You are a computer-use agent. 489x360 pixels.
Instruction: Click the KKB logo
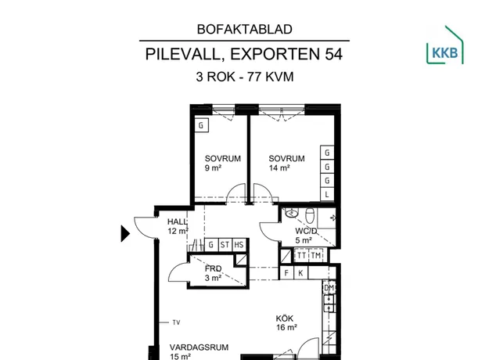pos(444,45)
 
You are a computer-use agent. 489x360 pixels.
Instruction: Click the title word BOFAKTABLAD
pos(244,29)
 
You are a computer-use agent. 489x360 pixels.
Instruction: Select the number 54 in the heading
pos(333,54)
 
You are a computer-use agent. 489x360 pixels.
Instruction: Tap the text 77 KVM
pos(271,77)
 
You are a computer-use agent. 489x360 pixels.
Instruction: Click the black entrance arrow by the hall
pos(125,234)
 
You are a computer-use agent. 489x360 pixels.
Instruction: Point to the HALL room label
pos(177,221)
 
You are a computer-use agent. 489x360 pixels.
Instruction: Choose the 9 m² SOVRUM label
pos(223,163)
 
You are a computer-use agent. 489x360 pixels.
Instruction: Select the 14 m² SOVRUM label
pos(286,163)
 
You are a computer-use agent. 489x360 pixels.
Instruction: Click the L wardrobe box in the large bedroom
pos(327,195)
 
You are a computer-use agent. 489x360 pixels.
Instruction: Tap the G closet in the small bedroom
pos(201,125)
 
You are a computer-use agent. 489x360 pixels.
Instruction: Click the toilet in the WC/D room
pos(310,215)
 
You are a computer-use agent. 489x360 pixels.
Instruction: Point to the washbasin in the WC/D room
pos(292,213)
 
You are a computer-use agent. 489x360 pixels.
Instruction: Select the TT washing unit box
pos(301,255)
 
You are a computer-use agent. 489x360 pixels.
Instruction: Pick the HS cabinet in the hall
pos(239,245)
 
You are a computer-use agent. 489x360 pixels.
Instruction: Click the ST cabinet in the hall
pos(225,245)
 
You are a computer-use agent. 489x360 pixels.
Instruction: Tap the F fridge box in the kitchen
pos(286,273)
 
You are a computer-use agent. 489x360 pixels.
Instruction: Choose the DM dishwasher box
pos(329,288)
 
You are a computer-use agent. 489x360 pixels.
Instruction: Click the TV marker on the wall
pos(176,322)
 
